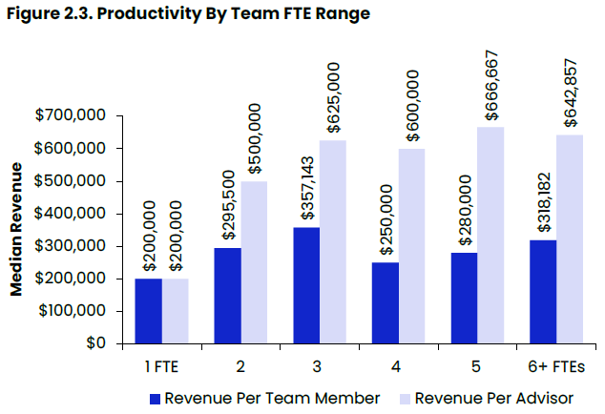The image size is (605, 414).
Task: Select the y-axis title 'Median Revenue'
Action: [x=16, y=230]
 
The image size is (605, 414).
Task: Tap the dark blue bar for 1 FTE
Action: [x=148, y=311]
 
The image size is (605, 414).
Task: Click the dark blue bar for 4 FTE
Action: [x=385, y=302]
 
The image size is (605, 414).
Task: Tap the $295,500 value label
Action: [x=227, y=194]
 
